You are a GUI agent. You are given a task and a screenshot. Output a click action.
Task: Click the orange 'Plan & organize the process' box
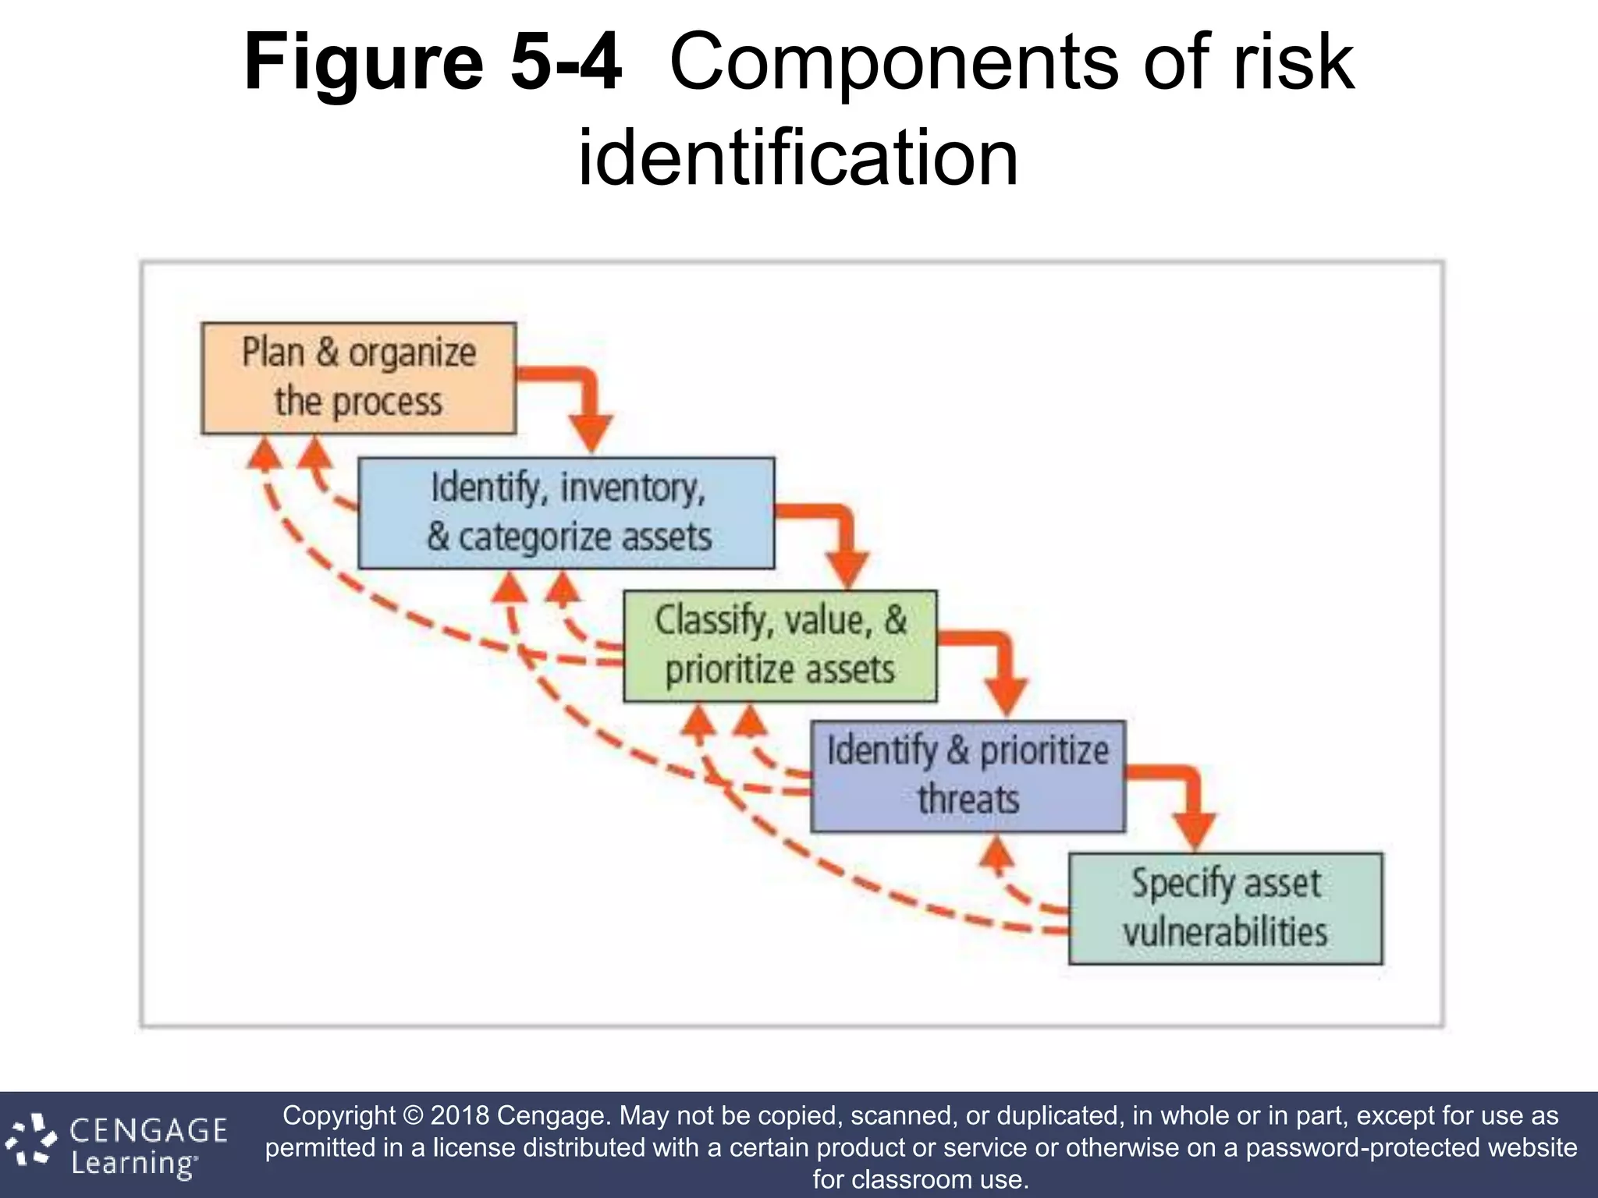[358, 378]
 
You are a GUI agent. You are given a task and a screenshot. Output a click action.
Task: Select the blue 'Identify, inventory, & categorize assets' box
[566, 513]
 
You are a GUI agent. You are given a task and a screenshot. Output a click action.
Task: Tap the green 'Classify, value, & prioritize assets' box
[780, 646]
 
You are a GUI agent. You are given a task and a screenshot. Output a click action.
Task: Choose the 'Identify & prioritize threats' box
[968, 776]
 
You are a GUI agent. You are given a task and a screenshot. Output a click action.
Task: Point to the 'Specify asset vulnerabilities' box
[1225, 909]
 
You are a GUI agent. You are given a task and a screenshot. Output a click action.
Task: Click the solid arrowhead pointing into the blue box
[591, 434]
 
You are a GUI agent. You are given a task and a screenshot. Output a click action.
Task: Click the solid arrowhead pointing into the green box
[847, 569]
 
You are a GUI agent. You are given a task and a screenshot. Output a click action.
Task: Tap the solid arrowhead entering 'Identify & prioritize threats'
[1007, 696]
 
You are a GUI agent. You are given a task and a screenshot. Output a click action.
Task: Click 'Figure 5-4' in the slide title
[433, 62]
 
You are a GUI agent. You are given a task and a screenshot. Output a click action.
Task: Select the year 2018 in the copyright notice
[460, 1115]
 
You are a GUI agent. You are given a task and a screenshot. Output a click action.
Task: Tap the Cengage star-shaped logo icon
[31, 1143]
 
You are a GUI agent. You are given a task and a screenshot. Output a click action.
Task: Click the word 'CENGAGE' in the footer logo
[148, 1130]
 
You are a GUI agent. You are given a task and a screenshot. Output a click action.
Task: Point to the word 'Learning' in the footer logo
[133, 1164]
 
